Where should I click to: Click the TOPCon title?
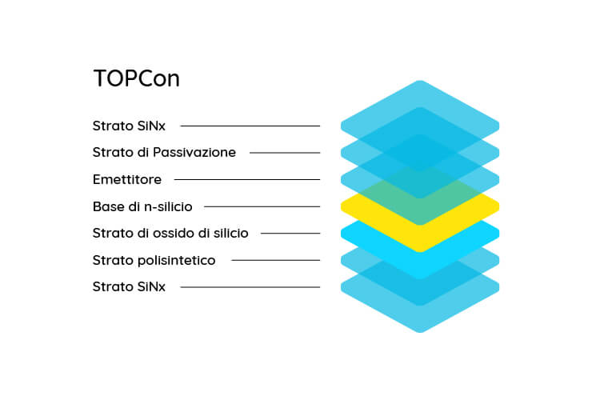[x=136, y=78]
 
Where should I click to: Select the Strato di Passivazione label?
[x=164, y=152]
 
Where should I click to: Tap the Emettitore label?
[x=127, y=179]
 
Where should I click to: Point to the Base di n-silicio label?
[x=142, y=206]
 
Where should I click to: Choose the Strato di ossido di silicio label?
[x=170, y=233]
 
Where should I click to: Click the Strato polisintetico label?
[x=154, y=260]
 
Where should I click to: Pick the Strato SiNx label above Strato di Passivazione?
[x=129, y=126]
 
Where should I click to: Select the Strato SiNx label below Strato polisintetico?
[x=129, y=286]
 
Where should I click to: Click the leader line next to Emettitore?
[x=247, y=179]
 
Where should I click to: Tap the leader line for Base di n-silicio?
[x=262, y=206]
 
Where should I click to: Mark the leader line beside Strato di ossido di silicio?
[x=290, y=234]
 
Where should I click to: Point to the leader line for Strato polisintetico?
[x=276, y=260]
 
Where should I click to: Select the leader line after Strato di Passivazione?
[x=285, y=153]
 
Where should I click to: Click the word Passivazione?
[x=194, y=152]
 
